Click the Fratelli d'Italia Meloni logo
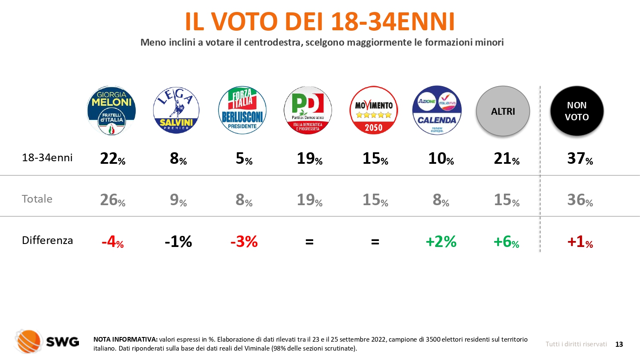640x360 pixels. point(111,111)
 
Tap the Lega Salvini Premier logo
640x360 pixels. point(176,111)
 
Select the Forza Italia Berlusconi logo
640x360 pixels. point(242,110)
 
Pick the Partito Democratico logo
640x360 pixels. point(308,110)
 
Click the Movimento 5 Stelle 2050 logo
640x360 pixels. point(374,110)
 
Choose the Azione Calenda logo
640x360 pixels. point(437,110)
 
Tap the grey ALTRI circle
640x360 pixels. point(503,111)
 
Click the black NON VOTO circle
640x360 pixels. point(577,111)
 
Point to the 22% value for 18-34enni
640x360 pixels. point(113,159)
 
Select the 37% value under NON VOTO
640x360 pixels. point(580,159)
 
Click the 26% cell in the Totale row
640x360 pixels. point(113,200)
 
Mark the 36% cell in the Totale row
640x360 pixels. point(580,200)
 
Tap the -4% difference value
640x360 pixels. point(113,242)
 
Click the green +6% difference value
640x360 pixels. point(506,242)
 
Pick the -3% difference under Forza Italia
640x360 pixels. point(244,242)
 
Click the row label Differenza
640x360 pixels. point(47,241)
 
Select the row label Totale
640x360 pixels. point(37,199)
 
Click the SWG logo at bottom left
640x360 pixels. point(47,341)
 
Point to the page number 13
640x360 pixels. point(619,344)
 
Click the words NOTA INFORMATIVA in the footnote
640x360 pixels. point(125,340)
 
